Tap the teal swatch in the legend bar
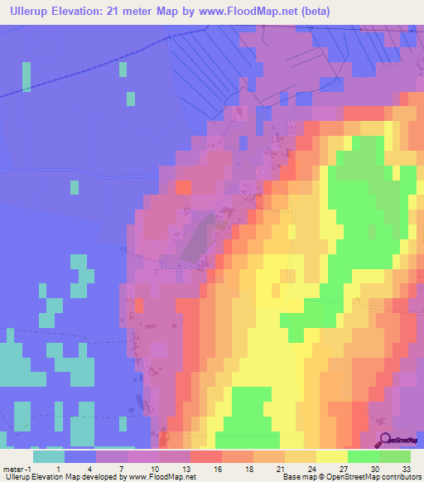pyautogui.click(x=49, y=456)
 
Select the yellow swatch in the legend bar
pyautogui.click(x=332, y=456)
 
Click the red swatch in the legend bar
pyautogui.click(x=206, y=456)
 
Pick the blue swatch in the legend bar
pyautogui.click(x=80, y=456)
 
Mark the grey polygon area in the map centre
pyautogui.click(x=195, y=241)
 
